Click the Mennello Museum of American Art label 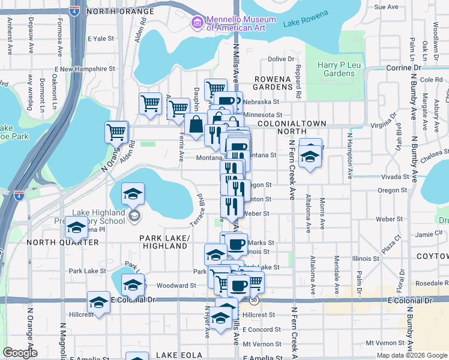tap(236, 23)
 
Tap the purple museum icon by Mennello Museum tap(196, 23)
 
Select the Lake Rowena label tap(306, 19)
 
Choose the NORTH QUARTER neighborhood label tap(63, 242)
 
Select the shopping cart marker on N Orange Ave tap(116, 131)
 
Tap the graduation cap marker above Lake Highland tap(133, 194)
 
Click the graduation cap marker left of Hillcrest tap(98, 302)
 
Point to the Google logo tap(19, 353)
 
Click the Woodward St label tap(176, 286)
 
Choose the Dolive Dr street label tap(281, 59)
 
